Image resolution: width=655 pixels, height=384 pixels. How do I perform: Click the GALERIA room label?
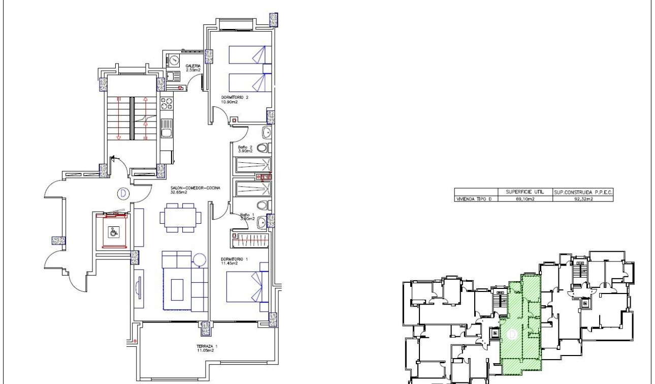(x=192, y=66)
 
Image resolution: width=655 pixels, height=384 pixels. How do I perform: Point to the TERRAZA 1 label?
(x=207, y=348)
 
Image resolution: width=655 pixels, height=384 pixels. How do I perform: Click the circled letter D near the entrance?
(x=122, y=193)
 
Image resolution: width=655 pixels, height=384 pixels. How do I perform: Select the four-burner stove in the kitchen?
(x=167, y=104)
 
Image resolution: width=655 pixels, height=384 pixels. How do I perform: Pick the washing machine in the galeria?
(x=174, y=60)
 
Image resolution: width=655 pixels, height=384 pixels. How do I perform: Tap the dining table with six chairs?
(x=180, y=217)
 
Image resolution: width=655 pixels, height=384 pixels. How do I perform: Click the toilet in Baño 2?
(x=263, y=149)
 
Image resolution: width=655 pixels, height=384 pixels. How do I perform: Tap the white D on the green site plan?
(x=512, y=334)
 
